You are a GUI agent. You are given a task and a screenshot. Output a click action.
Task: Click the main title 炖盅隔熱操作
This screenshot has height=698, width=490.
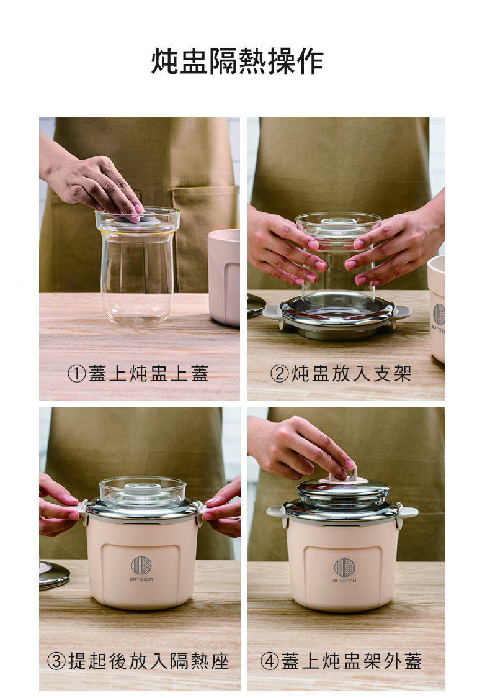point(237,61)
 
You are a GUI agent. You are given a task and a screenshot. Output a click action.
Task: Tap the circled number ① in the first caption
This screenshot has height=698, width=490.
point(76,373)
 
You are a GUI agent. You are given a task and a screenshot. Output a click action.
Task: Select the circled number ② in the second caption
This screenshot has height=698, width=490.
point(279,373)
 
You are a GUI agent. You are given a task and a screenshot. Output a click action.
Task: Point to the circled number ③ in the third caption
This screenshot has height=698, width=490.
point(56,661)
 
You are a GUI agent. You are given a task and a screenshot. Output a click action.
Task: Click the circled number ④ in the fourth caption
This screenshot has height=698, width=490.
point(269,661)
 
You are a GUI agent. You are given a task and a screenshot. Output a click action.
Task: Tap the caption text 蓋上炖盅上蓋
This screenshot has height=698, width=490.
point(148,373)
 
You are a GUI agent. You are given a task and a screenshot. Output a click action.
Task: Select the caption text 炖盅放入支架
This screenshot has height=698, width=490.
point(351,373)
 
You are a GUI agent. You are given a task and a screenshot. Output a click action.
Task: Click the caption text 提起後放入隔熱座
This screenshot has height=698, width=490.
point(148,661)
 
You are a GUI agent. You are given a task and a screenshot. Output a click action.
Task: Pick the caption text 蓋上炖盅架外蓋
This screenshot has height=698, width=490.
point(351,661)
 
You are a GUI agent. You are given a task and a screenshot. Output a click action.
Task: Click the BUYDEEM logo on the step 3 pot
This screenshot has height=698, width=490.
point(141,568)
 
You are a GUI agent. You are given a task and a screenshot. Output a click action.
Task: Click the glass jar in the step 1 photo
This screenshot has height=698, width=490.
point(138,266)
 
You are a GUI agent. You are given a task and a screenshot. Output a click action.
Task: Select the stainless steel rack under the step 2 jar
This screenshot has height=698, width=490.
point(337,316)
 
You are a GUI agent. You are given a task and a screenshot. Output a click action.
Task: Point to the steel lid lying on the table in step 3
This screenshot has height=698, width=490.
point(54,576)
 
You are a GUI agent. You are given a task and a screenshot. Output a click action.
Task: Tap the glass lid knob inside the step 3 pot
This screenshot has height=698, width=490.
point(142,487)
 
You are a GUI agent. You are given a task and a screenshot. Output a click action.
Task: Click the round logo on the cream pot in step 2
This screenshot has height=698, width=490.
point(439,314)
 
